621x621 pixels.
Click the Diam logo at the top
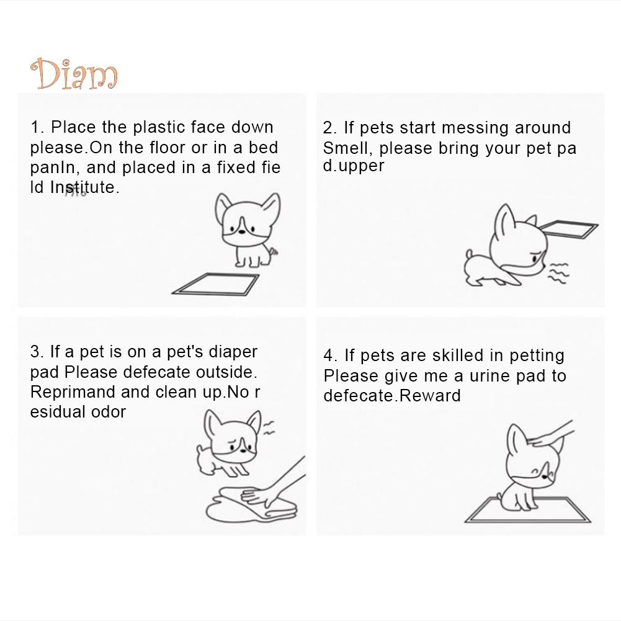(x=74, y=74)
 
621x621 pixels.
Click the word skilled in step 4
(x=458, y=355)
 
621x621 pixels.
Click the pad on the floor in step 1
(x=215, y=284)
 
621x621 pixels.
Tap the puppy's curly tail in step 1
(x=273, y=251)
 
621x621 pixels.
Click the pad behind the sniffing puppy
(x=569, y=229)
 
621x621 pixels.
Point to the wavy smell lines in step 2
(x=558, y=273)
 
